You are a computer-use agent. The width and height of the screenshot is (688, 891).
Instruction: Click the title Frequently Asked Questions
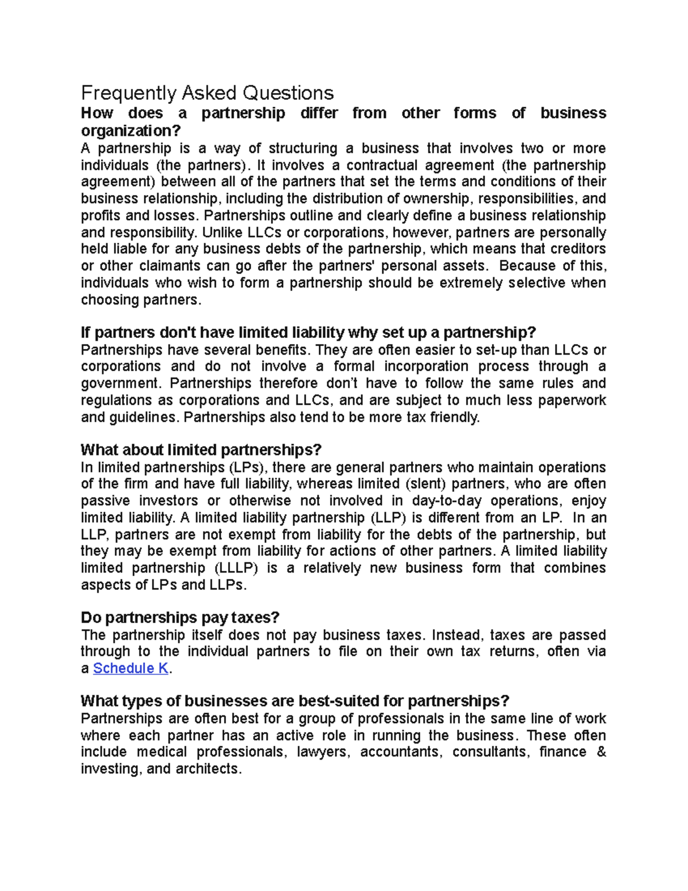pyautogui.click(x=207, y=93)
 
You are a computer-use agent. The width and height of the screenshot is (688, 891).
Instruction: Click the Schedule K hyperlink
pyautogui.click(x=131, y=668)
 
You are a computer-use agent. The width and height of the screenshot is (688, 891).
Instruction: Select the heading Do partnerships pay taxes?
pyautogui.click(x=180, y=618)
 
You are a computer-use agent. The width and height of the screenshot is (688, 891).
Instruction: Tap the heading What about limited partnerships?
pyautogui.click(x=201, y=450)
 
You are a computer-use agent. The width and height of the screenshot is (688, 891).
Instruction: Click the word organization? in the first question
pyautogui.click(x=131, y=131)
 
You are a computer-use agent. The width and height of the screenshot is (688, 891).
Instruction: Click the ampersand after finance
pyautogui.click(x=601, y=752)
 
